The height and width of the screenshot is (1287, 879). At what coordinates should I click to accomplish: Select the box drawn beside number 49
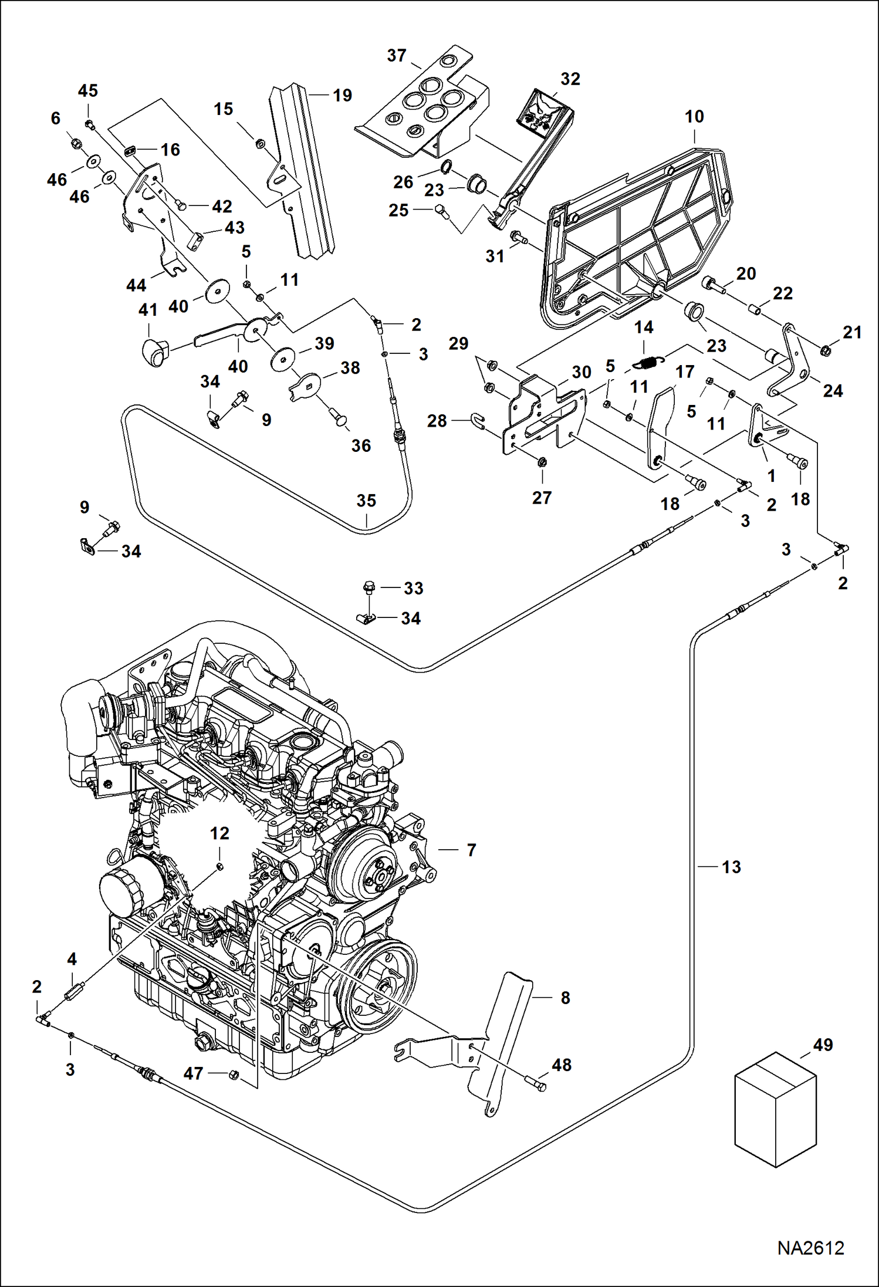point(775,1109)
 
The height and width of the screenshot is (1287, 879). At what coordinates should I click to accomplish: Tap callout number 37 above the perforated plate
point(397,56)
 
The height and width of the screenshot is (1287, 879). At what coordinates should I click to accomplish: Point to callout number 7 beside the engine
point(471,850)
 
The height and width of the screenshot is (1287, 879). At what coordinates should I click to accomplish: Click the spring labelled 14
point(650,363)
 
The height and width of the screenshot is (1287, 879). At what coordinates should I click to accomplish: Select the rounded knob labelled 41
point(154,352)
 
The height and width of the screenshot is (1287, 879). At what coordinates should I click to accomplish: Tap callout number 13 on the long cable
point(731,867)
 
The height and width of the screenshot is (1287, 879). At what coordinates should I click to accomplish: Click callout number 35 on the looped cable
point(366,501)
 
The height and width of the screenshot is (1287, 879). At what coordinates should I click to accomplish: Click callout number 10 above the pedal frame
point(694,117)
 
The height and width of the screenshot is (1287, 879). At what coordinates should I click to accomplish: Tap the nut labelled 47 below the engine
point(233,1075)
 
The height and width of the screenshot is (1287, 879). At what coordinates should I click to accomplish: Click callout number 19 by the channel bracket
point(342,95)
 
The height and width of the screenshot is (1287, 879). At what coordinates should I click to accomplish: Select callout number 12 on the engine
point(219,833)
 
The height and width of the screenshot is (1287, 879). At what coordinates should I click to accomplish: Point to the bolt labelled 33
point(369,586)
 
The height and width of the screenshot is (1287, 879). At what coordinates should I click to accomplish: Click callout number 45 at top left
point(88,91)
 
